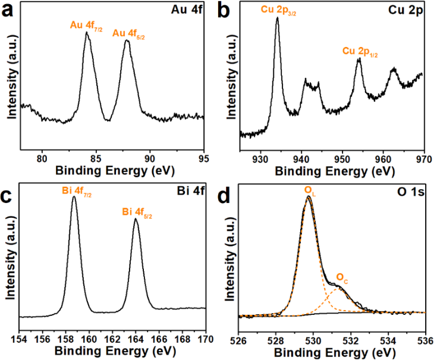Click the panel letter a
pos(8,10)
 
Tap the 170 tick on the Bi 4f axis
pos(205,340)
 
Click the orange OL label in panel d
pos(309,190)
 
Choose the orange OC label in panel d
pos(341,277)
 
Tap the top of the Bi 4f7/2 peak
pos(74,197)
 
